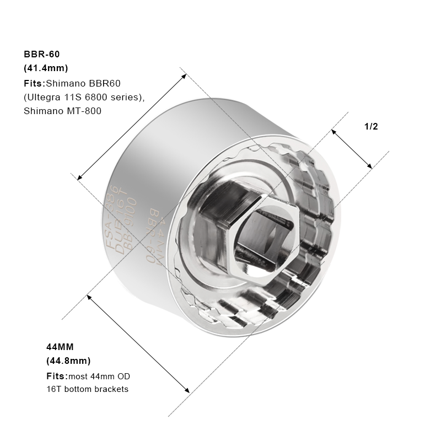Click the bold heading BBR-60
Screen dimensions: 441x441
pos(41,54)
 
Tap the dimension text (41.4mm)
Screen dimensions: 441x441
pos(46,68)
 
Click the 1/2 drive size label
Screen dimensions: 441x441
pos(371,126)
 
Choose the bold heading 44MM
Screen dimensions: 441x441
pos(60,347)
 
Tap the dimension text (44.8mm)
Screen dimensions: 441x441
pos(68,361)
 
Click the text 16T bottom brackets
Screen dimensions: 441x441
pos(87,389)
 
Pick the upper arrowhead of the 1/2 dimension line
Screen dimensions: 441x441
pos(334,131)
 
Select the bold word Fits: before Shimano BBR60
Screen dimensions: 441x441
pos(34,83)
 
